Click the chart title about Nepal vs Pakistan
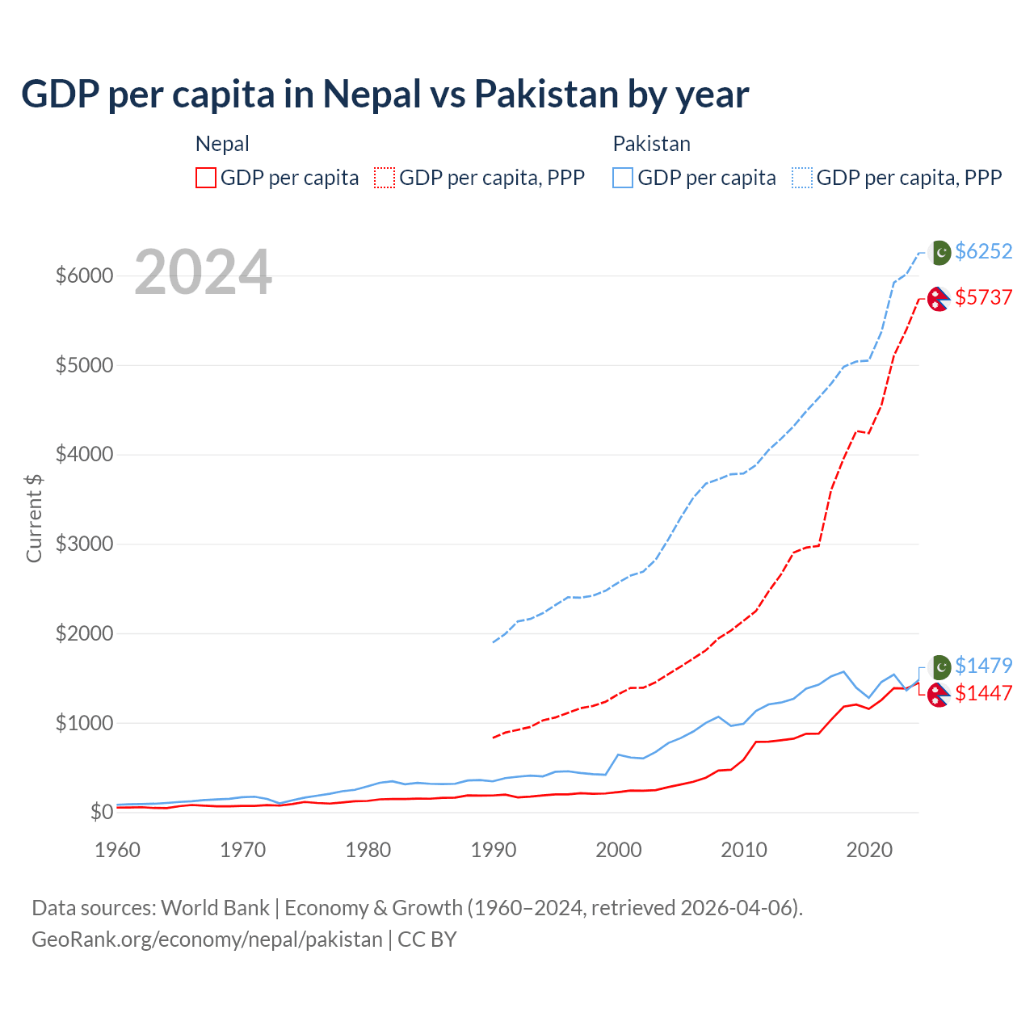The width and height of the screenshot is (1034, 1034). tap(385, 95)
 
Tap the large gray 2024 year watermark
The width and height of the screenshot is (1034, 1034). tap(203, 273)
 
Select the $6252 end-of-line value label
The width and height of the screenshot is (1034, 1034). tap(983, 251)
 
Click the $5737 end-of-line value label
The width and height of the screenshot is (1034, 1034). tap(983, 297)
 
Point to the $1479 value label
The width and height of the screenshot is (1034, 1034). tap(983, 666)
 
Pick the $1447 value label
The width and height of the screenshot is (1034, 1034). tap(983, 693)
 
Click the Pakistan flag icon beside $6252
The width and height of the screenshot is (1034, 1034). tap(939, 252)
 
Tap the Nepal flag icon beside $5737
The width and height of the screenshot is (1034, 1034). tap(938, 299)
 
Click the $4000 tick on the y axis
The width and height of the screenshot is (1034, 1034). tap(84, 454)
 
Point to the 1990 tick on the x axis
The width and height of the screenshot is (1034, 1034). tap(494, 850)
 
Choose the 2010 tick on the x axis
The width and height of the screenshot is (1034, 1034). tap(744, 850)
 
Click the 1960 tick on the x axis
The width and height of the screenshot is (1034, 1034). tap(118, 850)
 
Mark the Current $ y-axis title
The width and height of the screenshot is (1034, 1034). tap(34, 518)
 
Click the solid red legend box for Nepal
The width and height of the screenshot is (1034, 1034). tap(206, 178)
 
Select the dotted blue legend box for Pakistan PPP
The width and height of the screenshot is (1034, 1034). tap(802, 178)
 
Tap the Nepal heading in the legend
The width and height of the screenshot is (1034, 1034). tap(222, 144)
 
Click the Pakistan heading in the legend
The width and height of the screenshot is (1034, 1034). tap(651, 144)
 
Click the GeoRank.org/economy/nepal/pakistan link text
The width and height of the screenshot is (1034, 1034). tap(207, 939)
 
